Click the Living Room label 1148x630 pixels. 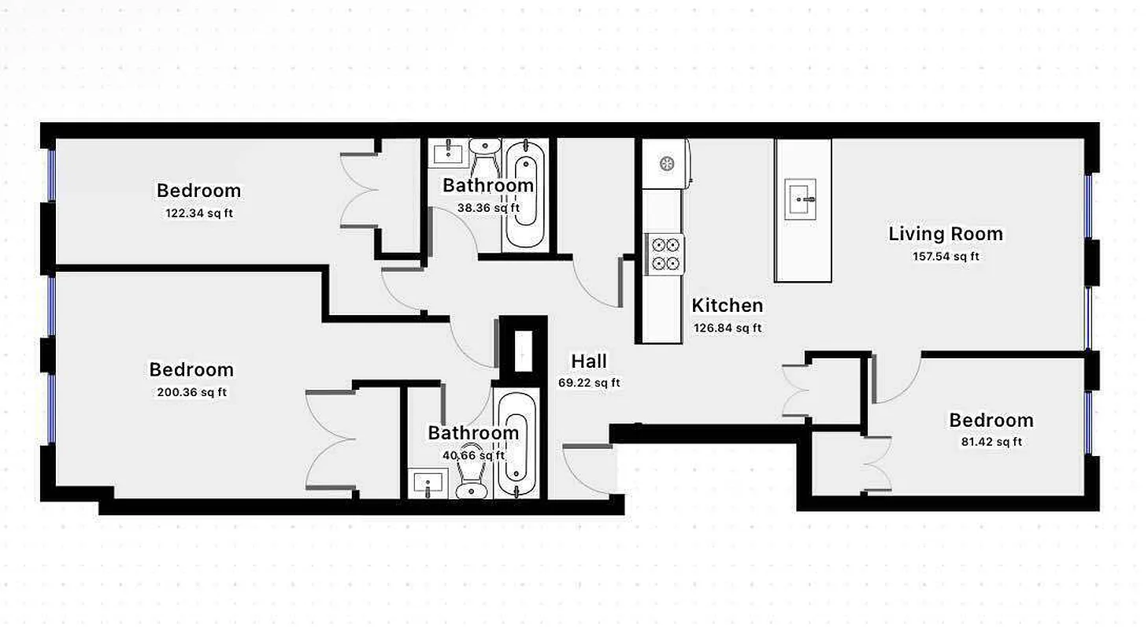click(945, 234)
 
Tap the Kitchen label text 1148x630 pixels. click(727, 306)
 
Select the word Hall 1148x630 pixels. click(589, 361)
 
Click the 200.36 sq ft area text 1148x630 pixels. click(191, 392)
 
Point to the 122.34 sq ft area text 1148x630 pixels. click(198, 213)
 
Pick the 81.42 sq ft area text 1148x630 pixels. click(991, 442)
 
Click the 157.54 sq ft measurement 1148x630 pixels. click(945, 256)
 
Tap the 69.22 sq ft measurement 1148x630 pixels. click(589, 384)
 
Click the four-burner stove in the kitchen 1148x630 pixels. click(663, 254)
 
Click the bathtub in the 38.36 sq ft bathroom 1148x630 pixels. click(524, 195)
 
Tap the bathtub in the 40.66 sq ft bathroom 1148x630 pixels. click(516, 445)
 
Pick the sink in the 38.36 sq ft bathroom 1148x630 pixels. click(448, 152)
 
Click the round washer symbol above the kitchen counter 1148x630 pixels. click(666, 164)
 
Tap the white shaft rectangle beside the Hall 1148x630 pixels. click(523, 350)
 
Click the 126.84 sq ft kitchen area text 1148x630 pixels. click(727, 328)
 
